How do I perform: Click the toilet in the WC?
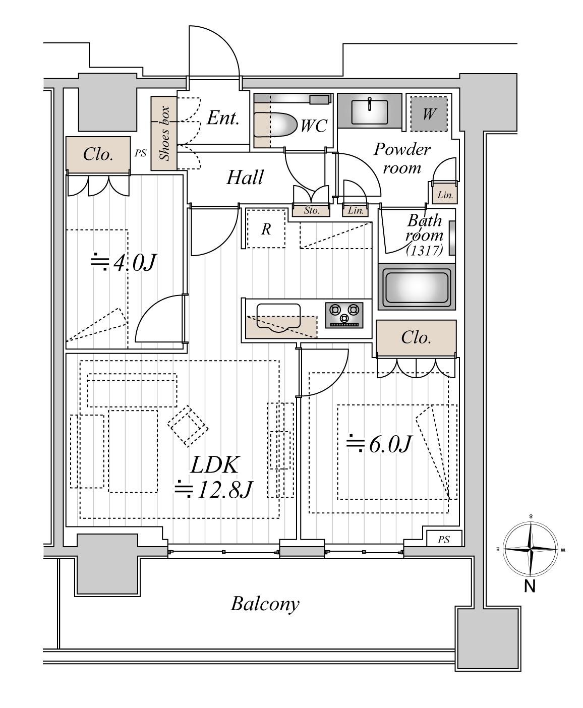click(x=275, y=125)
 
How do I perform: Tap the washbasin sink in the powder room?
click(x=369, y=112)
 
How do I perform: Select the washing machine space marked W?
click(x=429, y=114)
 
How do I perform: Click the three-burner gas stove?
click(x=344, y=315)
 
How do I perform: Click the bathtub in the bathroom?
click(x=417, y=287)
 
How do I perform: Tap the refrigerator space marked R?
click(x=266, y=229)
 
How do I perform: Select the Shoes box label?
click(x=164, y=133)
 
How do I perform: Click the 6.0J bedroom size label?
click(x=379, y=443)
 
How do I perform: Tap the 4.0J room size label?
click(x=123, y=262)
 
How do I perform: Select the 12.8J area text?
click(x=213, y=490)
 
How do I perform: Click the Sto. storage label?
click(x=311, y=210)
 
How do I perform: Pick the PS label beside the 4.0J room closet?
click(x=141, y=153)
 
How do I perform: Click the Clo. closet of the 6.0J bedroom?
click(x=416, y=337)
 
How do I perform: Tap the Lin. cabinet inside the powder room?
click(x=445, y=194)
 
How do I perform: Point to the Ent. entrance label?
click(x=222, y=118)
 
